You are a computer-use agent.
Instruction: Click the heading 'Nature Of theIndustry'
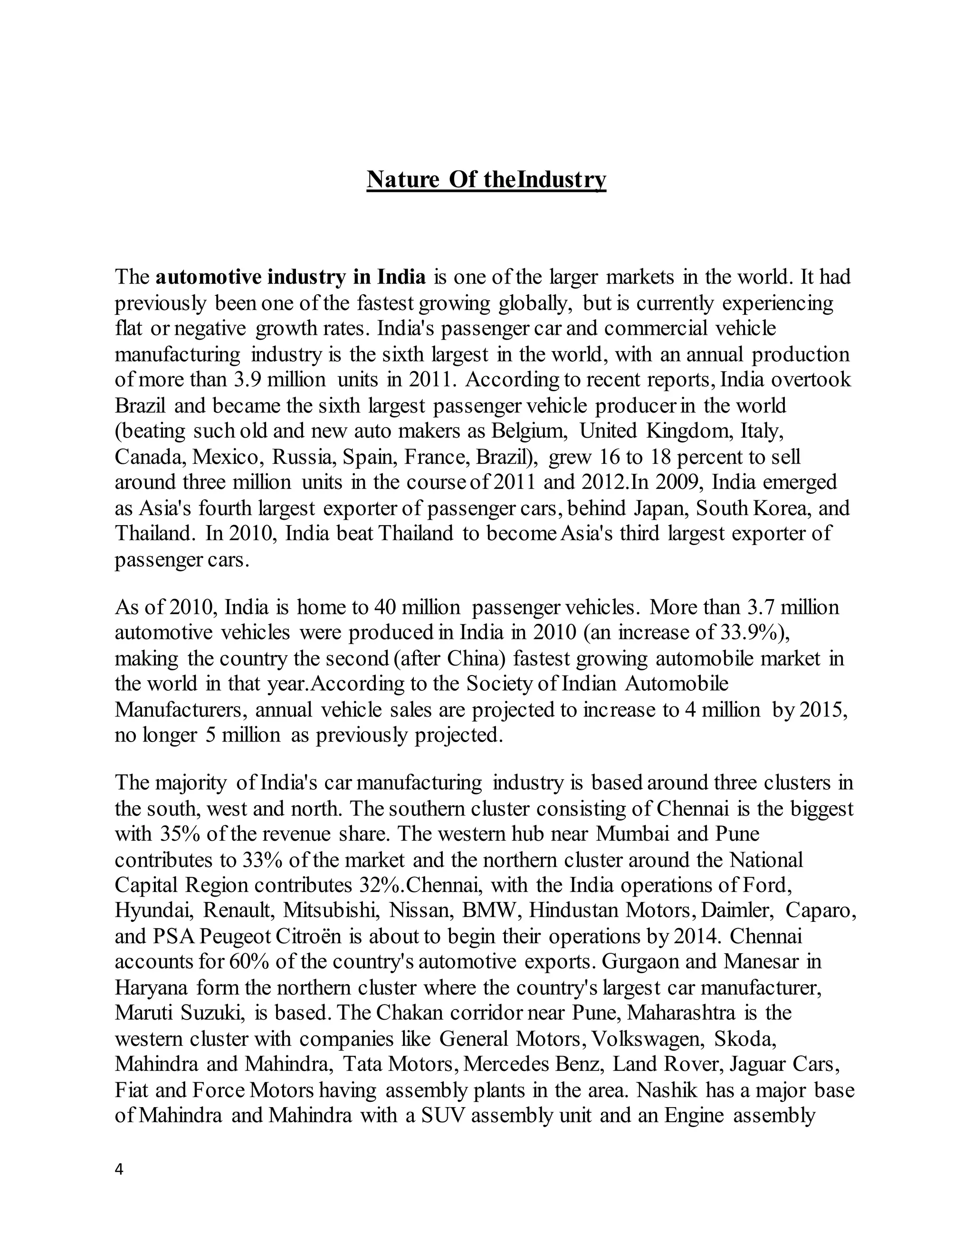coord(486,180)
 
